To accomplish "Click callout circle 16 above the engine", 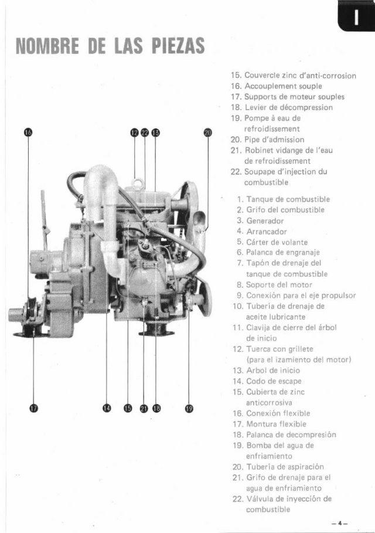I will coord(28,134).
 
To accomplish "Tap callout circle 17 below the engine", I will coord(33,409).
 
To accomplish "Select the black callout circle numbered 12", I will coord(134,134).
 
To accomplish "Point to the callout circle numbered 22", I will coord(145,134).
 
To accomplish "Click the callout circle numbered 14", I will coord(106,409).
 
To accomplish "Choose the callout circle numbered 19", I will coord(189,409).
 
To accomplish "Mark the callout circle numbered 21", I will coord(144,409).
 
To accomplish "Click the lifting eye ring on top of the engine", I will coord(137,184).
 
